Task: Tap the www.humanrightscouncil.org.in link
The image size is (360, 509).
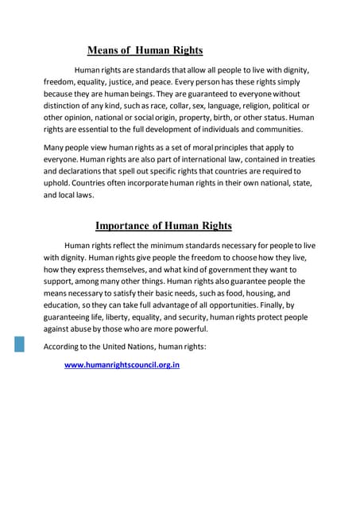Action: coord(122,366)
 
